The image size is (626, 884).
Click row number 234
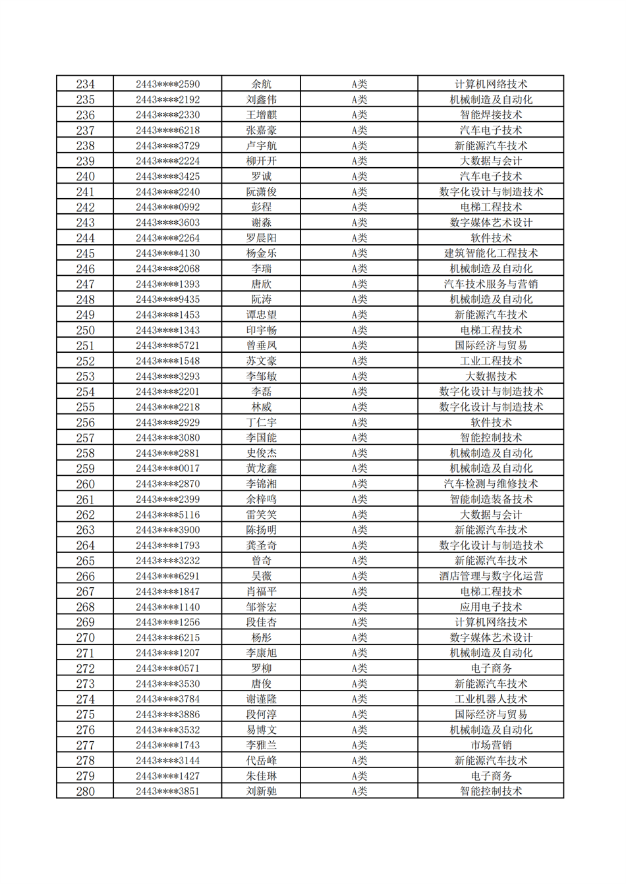(85, 84)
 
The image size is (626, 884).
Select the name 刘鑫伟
(261, 99)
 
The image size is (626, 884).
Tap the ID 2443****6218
(167, 130)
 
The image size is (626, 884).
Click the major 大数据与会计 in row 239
(490, 161)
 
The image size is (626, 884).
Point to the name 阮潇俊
(261, 192)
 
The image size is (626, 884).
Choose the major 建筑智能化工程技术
(490, 253)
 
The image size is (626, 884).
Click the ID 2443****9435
(167, 299)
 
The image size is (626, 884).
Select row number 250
(85, 330)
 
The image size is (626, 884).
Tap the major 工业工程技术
(490, 361)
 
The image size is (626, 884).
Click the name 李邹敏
(261, 377)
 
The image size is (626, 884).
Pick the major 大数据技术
(490, 377)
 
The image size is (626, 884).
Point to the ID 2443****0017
(167, 469)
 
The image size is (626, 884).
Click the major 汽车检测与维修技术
(490, 484)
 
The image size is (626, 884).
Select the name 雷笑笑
(261, 515)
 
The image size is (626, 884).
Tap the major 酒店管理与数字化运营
(490, 576)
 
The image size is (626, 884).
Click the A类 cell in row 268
(358, 607)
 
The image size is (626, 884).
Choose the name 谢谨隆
(261, 699)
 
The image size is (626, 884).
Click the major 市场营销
(490, 745)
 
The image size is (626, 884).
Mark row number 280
(85, 791)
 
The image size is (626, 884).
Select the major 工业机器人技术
(490, 699)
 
